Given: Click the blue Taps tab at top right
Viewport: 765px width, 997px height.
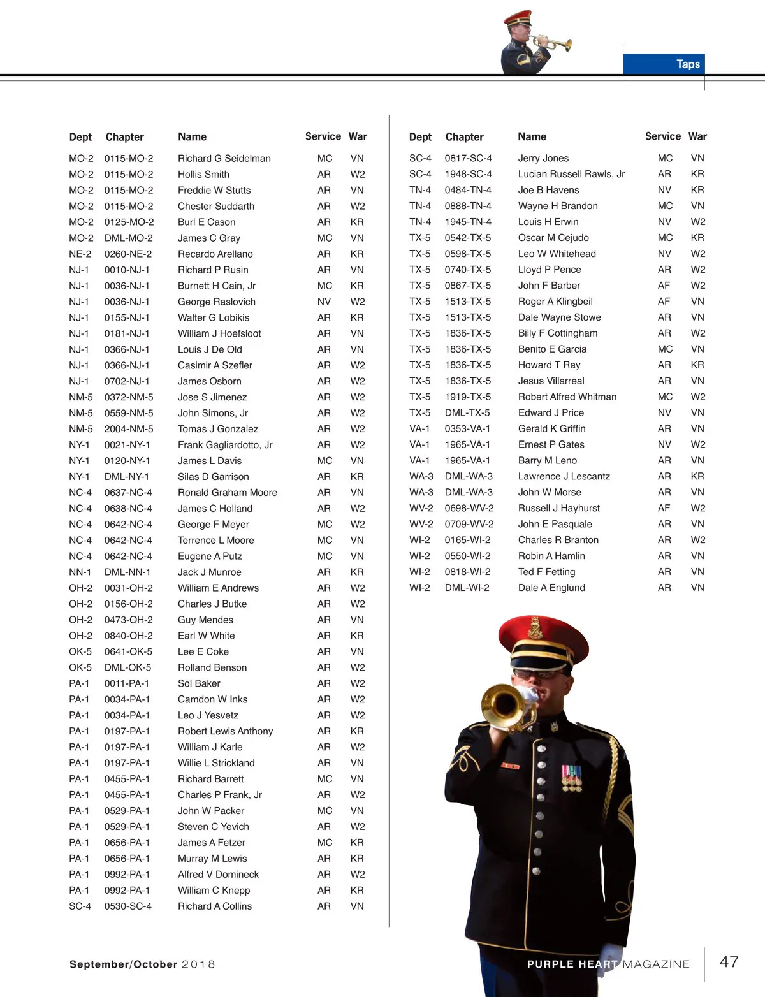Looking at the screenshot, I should point(664,64).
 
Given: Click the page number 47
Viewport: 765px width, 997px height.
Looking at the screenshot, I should point(729,962).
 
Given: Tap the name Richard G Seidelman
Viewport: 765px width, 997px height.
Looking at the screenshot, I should point(224,158).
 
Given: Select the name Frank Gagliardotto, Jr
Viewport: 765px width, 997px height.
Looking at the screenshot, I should point(225,445).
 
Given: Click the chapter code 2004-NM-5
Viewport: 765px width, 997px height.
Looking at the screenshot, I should point(129,429).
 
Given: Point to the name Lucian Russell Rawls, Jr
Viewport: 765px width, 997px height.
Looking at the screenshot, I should point(571,174).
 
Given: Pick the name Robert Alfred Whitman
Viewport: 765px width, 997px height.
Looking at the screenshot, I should point(567,397).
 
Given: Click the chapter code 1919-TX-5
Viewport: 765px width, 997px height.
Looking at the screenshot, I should point(468,397).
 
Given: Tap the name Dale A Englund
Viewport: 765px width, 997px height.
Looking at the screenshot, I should point(551,588).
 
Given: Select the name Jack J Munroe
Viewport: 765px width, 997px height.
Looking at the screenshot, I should point(209,572).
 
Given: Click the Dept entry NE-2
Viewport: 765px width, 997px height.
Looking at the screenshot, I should point(80,254).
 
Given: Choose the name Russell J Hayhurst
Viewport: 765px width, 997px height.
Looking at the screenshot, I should point(559,508).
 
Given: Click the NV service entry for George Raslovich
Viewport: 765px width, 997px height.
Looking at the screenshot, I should point(324,302).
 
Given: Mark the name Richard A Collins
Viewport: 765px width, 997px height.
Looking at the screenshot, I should point(215,906).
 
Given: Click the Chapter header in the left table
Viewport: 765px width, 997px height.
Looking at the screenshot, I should point(124,137).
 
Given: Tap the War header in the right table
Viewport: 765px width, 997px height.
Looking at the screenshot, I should point(697,136).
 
